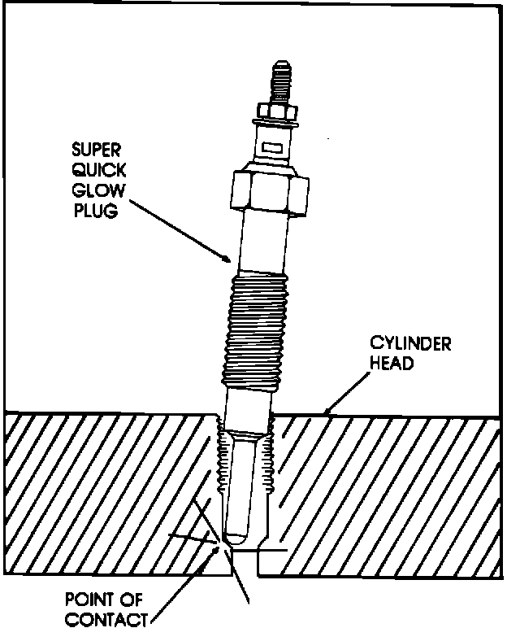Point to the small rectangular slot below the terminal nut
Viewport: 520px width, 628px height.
coord(272,148)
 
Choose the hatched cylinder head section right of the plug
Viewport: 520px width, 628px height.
coord(390,488)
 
